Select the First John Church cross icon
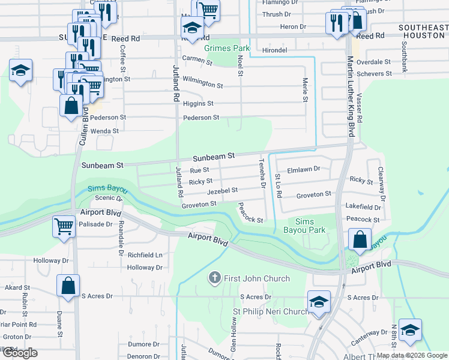coord(214,278)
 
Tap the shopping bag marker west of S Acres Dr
coord(68,286)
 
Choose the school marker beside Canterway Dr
coord(410,331)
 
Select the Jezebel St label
coord(222,190)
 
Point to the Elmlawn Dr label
coord(304,169)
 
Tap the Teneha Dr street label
coord(262,173)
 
